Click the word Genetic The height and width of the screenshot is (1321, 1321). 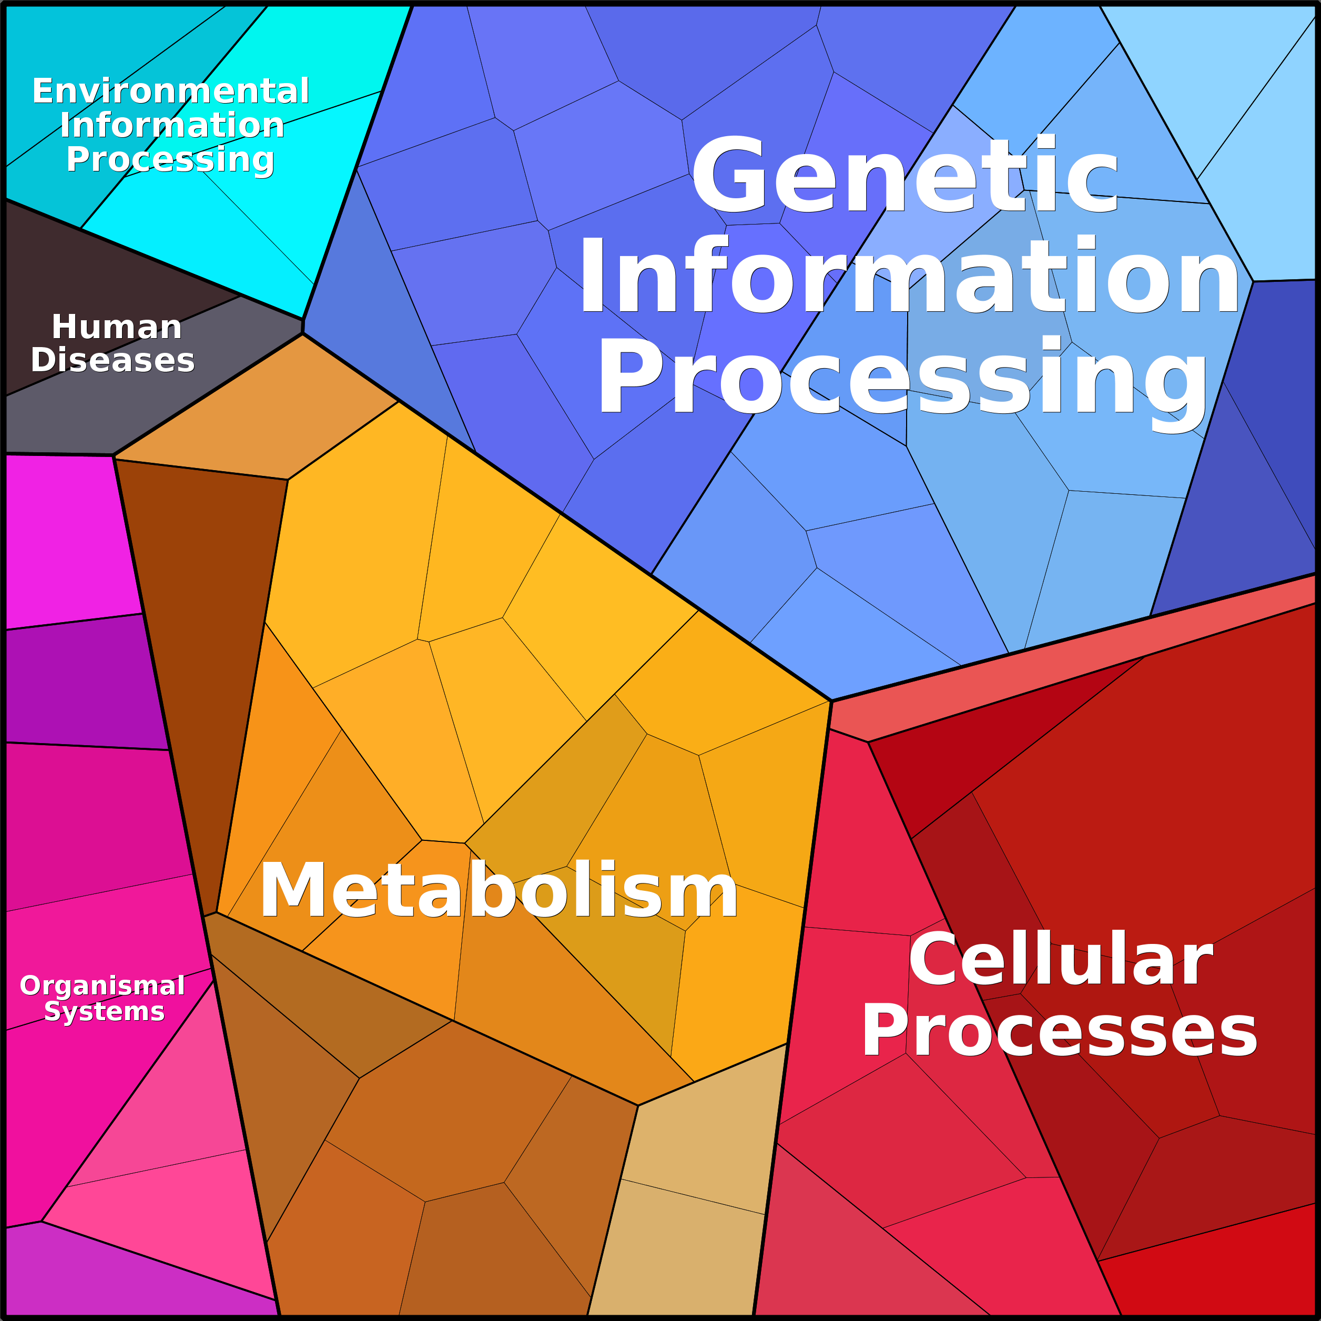[905, 175]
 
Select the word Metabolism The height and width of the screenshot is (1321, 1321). [499, 890]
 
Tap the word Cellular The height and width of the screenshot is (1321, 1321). [1061, 958]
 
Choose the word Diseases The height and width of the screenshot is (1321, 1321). [113, 360]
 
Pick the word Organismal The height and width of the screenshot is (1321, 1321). [103, 986]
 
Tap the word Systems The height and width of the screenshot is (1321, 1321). [105, 1011]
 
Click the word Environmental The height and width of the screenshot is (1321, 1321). [171, 91]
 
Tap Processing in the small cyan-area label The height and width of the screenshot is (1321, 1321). [170, 160]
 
